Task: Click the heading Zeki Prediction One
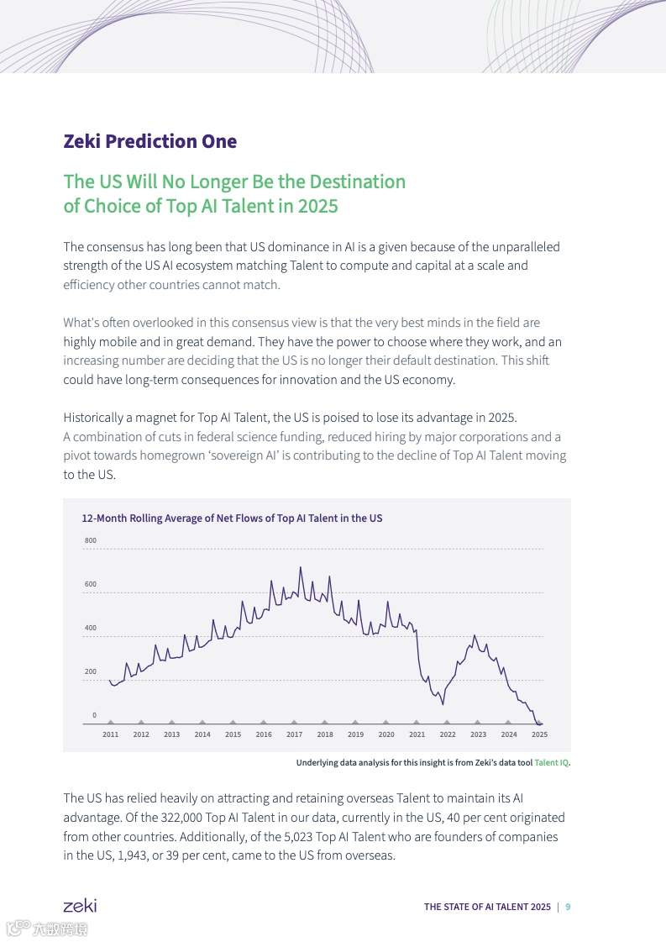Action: [149, 141]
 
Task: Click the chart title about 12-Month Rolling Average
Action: [232, 518]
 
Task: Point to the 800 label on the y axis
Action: [91, 540]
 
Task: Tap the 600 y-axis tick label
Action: [91, 584]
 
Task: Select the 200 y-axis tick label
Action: [91, 671]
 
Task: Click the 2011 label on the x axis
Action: [110, 734]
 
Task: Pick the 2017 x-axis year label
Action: [294, 734]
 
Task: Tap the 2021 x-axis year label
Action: [417, 734]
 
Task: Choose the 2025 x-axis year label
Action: [539, 734]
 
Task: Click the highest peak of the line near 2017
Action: [300, 567]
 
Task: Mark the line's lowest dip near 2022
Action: [443, 703]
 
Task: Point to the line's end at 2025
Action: [542, 723]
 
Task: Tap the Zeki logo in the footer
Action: [80, 906]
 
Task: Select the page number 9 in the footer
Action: [568, 907]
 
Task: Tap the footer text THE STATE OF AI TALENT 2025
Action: [487, 907]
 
